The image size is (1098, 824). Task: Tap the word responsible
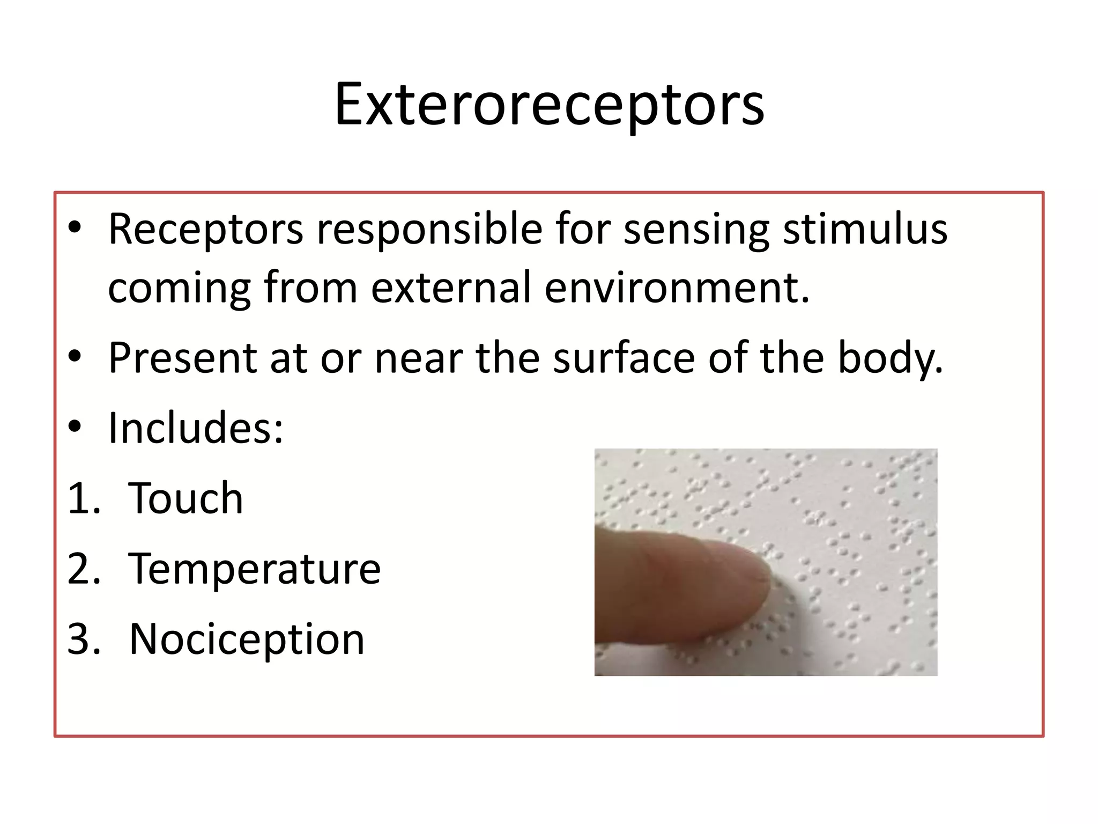(429, 230)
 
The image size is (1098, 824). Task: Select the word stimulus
(865, 230)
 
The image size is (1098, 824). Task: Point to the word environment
(677, 288)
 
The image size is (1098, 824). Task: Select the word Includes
(195, 428)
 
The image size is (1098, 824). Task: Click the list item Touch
(186, 498)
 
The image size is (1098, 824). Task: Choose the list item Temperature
(254, 569)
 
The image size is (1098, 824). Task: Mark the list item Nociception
(247, 639)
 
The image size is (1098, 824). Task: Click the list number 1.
(83, 498)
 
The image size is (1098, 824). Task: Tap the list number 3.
(84, 639)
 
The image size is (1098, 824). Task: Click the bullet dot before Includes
(75, 428)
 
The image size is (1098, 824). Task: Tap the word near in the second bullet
(418, 358)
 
